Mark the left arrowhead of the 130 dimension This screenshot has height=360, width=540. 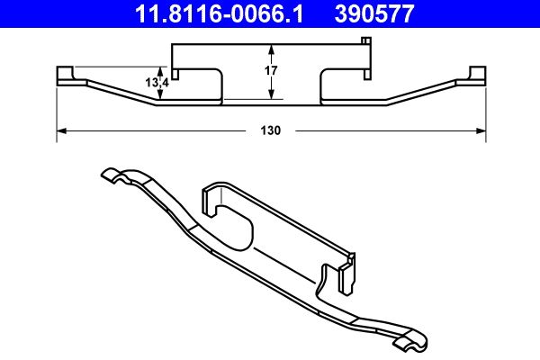(x=60, y=130)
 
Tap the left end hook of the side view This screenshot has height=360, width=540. (x=65, y=75)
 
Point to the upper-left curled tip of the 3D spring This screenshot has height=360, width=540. (x=110, y=174)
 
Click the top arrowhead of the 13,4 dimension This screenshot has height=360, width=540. (x=161, y=68)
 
